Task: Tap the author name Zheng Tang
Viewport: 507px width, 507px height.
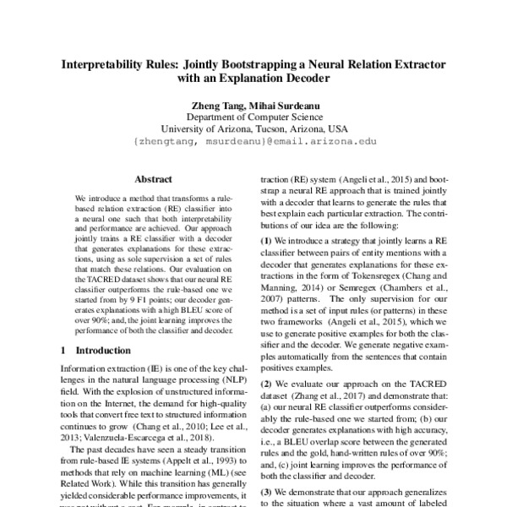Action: pos(219,105)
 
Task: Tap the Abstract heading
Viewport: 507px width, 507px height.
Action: pos(154,179)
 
